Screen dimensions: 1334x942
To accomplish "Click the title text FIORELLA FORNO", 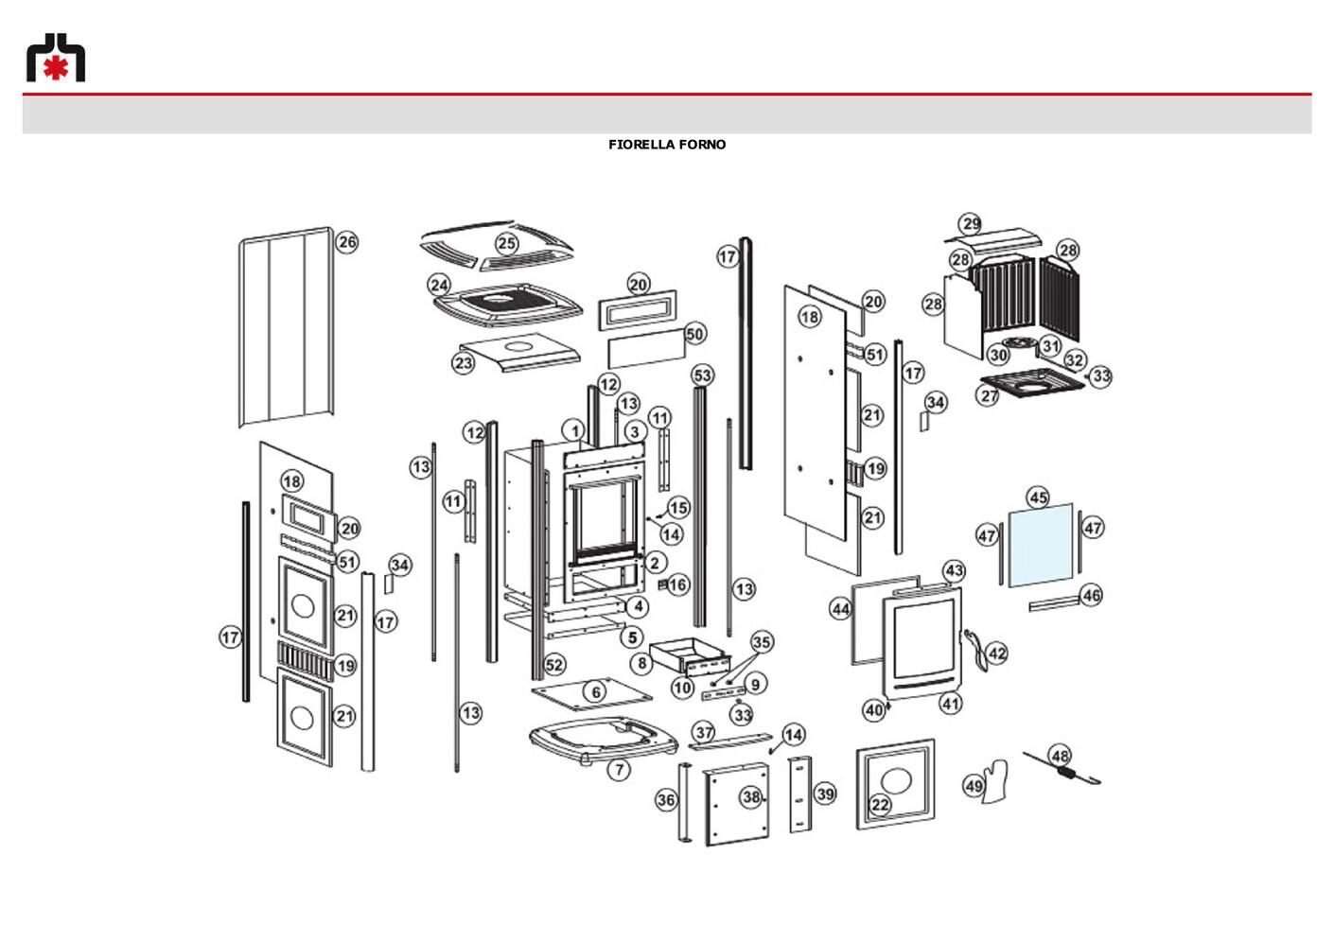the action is [667, 145].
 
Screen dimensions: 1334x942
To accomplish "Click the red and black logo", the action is [56, 58].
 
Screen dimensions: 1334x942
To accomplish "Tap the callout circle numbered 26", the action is [347, 242].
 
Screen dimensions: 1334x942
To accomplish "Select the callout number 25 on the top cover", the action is [507, 243].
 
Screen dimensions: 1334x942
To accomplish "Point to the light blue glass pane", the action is [1041, 546].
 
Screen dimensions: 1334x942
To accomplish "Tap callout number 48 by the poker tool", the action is [1060, 757].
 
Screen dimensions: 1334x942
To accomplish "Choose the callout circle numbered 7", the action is [620, 770].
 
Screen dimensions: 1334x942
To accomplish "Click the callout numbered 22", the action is [880, 805].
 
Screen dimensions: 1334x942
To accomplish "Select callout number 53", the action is [703, 375].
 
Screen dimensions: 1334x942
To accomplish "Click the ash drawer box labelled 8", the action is [690, 656].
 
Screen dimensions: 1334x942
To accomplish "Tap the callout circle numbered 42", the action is [997, 654].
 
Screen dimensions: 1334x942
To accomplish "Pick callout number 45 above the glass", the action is [1039, 497].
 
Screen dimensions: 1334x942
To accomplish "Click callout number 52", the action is [554, 665].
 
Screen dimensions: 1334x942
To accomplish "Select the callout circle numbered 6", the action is [596, 692].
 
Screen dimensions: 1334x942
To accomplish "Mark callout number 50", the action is [695, 334].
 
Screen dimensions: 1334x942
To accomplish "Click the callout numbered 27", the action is [990, 395].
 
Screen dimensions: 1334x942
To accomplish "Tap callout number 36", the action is [666, 800].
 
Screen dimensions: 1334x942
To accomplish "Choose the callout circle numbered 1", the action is [574, 431].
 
